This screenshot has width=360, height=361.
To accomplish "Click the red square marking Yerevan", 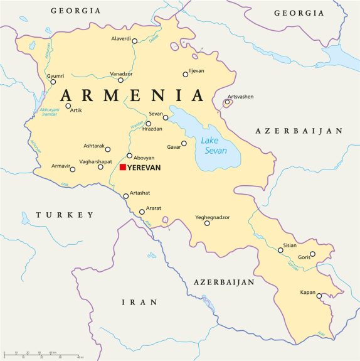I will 123,168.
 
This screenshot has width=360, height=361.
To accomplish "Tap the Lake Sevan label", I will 213,147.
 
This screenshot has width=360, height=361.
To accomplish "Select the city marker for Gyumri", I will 53,82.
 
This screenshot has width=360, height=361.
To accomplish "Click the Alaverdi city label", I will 120,39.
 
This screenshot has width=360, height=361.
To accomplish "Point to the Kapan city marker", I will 319,296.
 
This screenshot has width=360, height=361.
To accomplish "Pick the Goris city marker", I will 313,254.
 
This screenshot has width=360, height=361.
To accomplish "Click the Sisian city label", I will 290,245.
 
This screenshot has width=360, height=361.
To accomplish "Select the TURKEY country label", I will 65,215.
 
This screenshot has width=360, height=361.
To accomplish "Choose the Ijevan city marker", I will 186,74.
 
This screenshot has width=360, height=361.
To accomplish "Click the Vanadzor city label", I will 121,73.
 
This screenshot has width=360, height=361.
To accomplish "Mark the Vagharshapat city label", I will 78,161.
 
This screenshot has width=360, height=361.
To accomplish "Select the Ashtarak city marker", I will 108,149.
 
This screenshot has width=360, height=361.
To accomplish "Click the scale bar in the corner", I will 41,355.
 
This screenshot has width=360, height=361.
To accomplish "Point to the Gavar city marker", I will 184,143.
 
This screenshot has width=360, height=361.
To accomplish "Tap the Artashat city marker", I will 126,196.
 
